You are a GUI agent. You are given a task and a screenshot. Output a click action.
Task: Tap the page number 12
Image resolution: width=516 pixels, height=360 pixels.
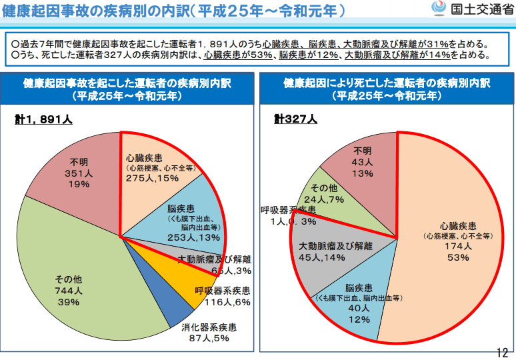(502, 352)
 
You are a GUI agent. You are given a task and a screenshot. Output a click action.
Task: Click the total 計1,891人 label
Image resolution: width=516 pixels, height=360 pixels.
(43, 119)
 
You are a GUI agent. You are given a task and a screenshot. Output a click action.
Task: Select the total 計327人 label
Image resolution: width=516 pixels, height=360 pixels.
(295, 119)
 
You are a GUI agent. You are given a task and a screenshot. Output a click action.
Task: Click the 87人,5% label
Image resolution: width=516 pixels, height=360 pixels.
(209, 339)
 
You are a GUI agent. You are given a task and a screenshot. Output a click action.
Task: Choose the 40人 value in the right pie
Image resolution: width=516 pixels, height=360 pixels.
(359, 308)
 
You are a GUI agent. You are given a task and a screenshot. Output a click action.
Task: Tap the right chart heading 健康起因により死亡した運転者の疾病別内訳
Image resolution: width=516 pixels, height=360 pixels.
(387, 84)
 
